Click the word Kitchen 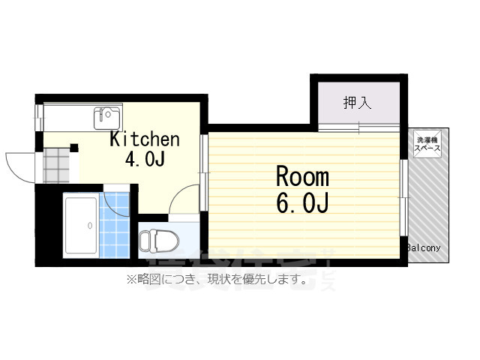tap(145, 139)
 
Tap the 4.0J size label tap(145, 160)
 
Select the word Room tap(303, 178)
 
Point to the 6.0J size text tap(303, 203)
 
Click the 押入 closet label tap(358, 103)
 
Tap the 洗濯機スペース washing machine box tap(428, 143)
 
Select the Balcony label tap(424, 247)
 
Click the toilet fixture tap(157, 241)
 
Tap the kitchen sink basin tap(106, 118)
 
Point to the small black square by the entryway tap(73, 148)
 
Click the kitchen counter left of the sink tap(67, 118)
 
